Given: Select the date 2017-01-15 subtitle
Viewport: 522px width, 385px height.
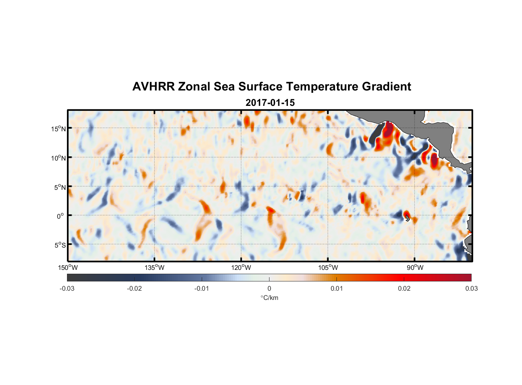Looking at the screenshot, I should click(270, 103).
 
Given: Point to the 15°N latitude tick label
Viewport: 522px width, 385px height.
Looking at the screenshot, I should click(59, 129).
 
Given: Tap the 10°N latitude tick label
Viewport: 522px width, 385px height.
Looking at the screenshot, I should click(59, 158).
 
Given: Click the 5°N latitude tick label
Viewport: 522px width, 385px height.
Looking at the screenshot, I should click(60, 187).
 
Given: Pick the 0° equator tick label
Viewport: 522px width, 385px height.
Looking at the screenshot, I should click(60, 216).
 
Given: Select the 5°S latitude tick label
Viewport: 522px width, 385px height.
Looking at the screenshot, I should click(60, 245).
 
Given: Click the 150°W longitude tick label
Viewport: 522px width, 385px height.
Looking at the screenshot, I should click(68, 268).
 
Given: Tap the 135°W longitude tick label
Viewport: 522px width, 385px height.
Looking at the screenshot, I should click(155, 268).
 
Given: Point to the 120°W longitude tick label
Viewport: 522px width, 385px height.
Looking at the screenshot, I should click(241, 268).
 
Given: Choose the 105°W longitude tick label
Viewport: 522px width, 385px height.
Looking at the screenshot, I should click(328, 268).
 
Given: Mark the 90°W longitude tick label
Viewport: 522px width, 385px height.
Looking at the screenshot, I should click(415, 268).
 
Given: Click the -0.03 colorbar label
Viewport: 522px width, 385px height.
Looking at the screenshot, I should click(67, 288).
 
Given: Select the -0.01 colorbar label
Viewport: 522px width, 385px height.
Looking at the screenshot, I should click(202, 288).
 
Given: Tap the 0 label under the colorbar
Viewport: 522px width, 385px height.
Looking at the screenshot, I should click(269, 288).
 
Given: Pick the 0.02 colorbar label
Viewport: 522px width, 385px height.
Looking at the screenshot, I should click(404, 288).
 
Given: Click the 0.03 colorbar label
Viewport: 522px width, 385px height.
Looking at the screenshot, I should click(471, 288).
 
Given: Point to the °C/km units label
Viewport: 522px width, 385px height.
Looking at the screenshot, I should click(269, 298).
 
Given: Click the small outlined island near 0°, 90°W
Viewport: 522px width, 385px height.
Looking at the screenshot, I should click(408, 218).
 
